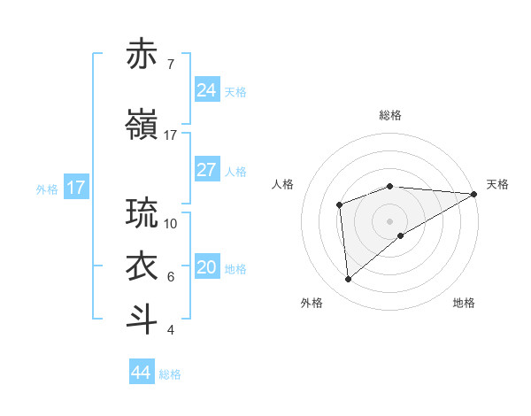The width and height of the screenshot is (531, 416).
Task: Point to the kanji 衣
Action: point(142,266)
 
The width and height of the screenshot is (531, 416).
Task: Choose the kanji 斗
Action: point(142,320)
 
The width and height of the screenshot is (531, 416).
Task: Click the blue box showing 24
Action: point(206,89)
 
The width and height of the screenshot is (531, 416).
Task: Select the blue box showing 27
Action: point(206,170)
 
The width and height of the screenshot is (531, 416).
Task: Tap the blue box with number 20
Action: point(206,267)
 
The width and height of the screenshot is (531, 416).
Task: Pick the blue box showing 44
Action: point(142,373)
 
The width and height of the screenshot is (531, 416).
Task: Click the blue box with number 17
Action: point(75,188)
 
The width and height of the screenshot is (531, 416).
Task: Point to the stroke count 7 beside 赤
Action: point(170,65)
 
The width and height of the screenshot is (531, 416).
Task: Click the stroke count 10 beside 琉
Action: point(171,223)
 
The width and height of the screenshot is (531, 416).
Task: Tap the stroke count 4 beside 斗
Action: point(170,330)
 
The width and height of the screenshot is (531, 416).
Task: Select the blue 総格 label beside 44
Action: point(170,374)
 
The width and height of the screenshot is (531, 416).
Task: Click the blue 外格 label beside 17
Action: point(47,189)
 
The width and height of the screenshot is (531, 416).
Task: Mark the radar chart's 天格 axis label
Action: point(497,184)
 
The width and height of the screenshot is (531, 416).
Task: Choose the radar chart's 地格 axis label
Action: point(464,304)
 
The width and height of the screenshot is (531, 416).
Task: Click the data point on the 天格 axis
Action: point(474,194)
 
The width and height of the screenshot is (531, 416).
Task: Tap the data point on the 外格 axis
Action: point(349,280)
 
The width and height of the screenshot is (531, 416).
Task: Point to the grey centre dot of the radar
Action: point(389,220)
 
